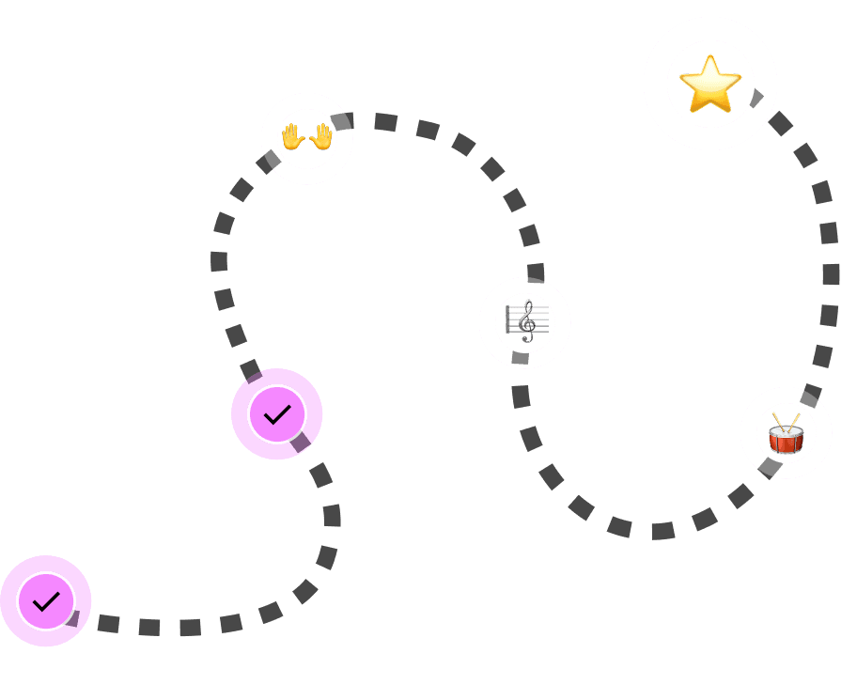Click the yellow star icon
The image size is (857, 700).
point(710,84)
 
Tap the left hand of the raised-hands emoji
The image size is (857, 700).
point(293,137)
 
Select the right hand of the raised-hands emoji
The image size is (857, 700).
point(321,137)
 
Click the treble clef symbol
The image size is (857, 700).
point(526,321)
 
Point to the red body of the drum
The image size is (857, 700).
point(786,440)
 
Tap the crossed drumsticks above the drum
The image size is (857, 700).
point(786,420)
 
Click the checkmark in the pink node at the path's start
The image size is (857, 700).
point(46,601)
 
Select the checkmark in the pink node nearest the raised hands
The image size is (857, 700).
point(277,414)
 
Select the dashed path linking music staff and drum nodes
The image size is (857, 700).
point(619,526)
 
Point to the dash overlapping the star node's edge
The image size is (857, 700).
point(757,97)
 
